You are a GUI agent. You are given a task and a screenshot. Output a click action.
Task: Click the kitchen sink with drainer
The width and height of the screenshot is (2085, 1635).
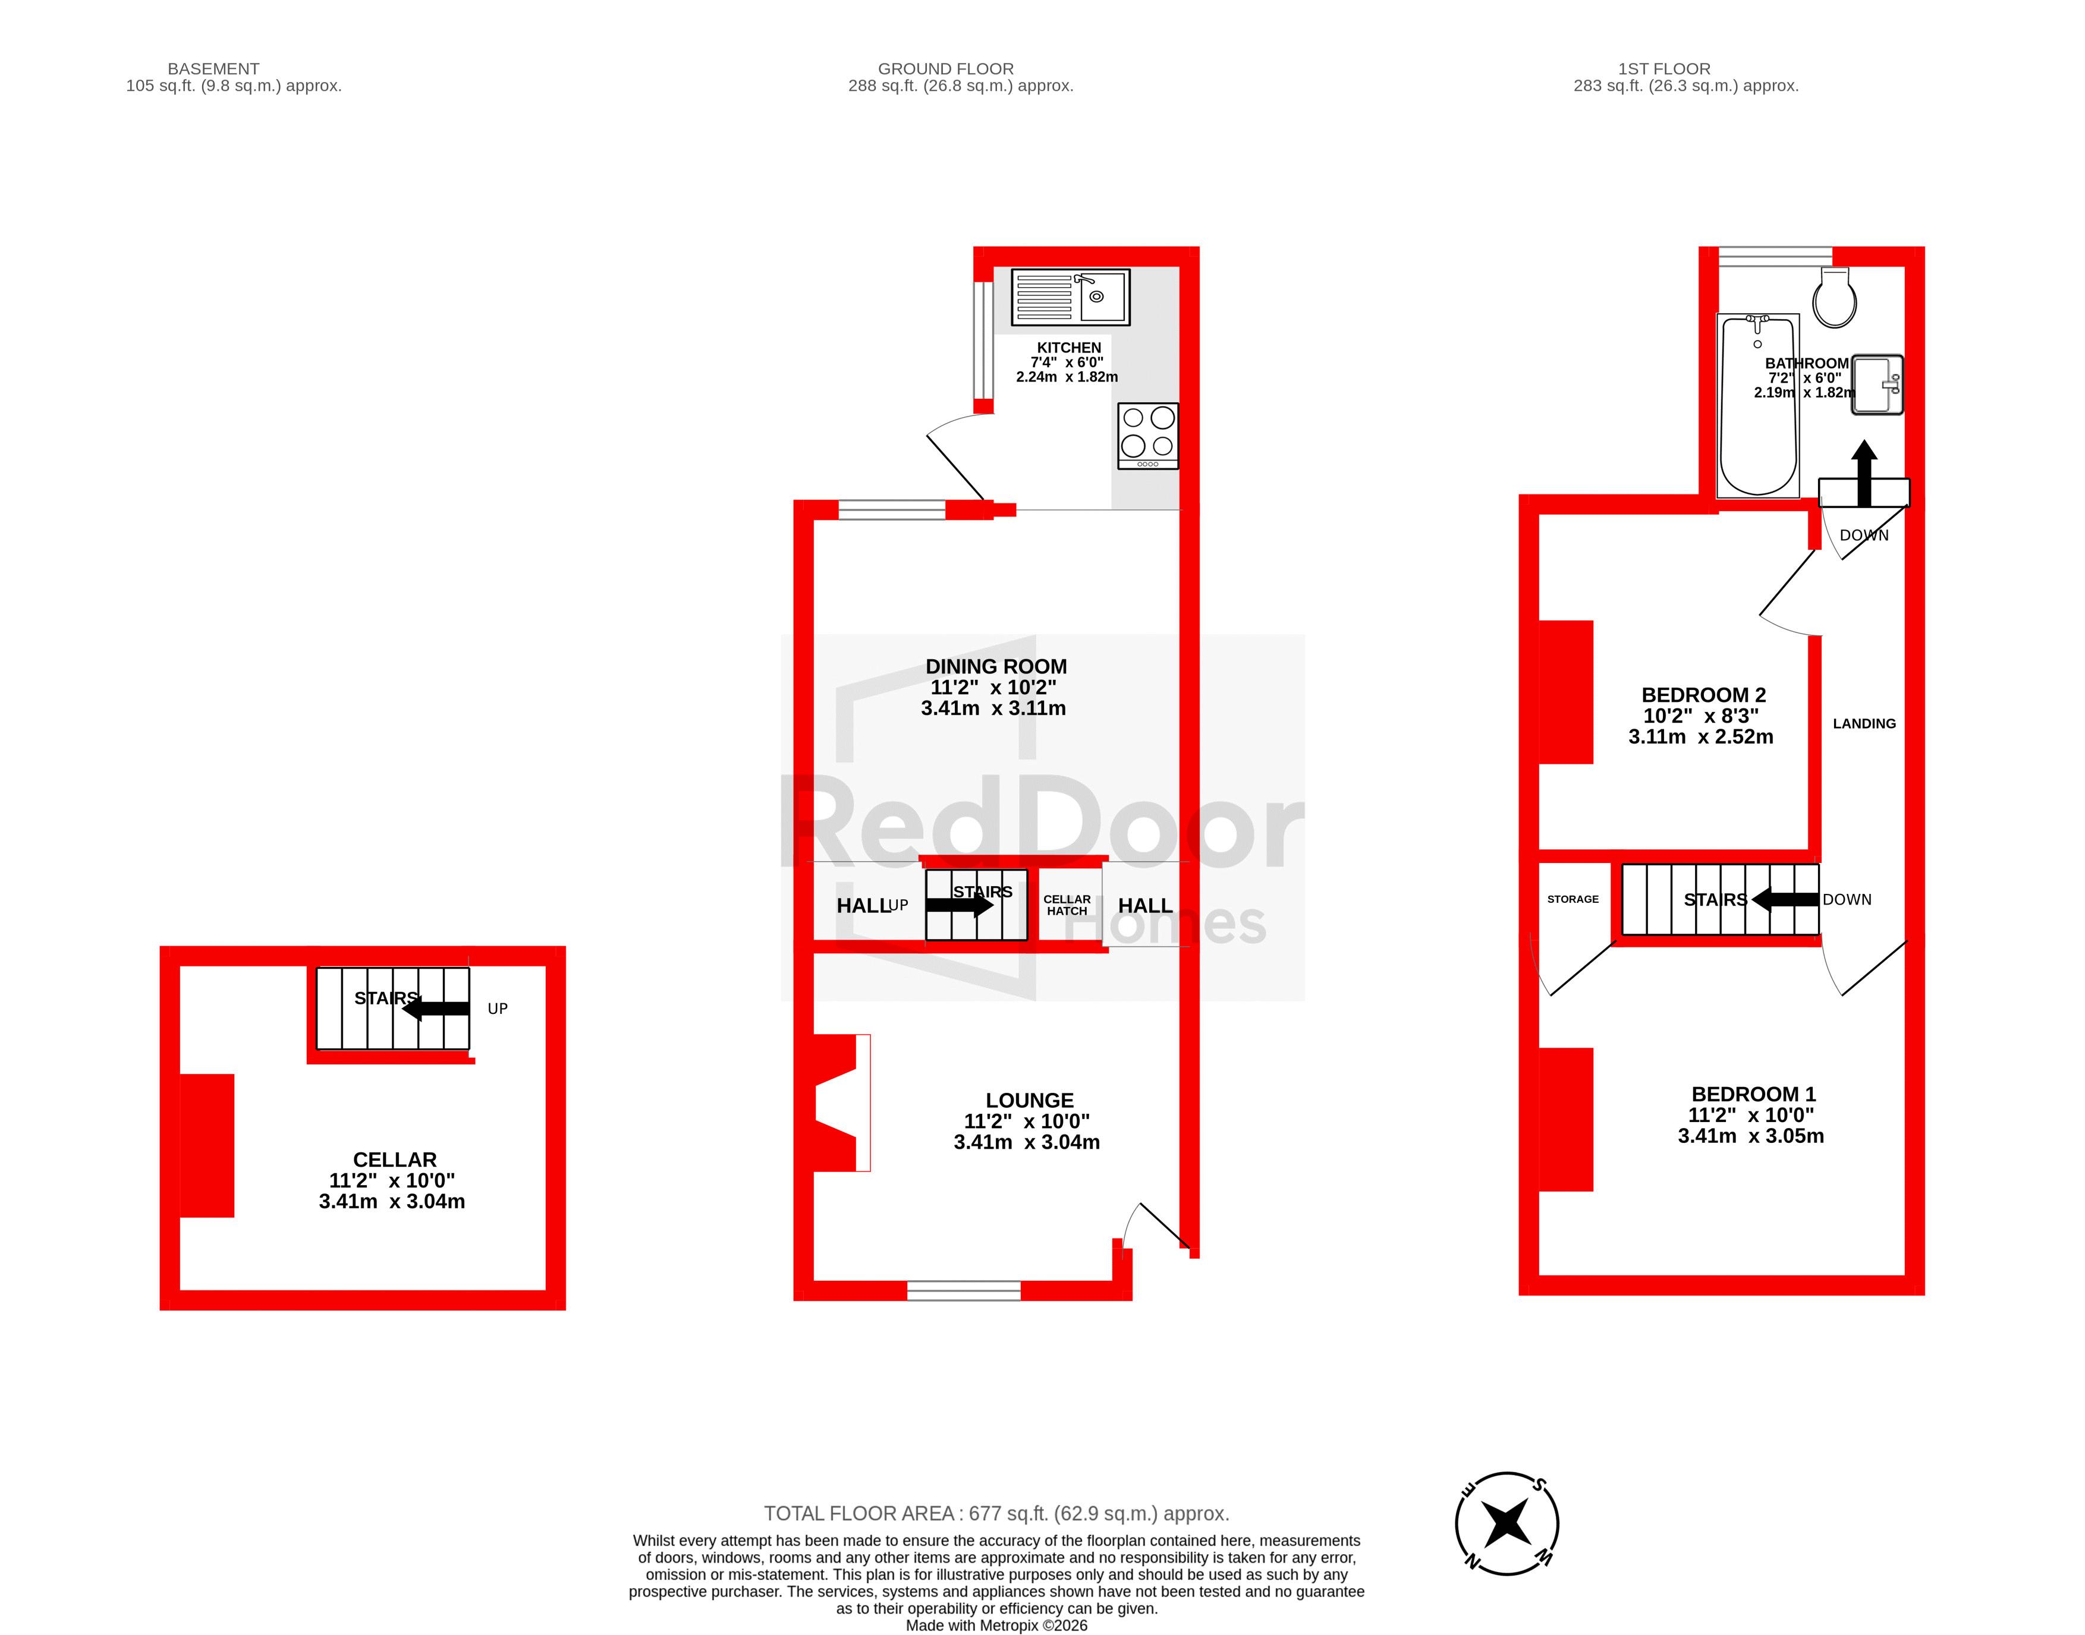click(x=1070, y=297)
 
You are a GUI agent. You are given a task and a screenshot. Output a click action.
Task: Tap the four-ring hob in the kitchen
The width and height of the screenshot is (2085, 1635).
click(x=1148, y=436)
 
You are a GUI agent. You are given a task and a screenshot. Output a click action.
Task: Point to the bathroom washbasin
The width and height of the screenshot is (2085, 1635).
click(x=1878, y=385)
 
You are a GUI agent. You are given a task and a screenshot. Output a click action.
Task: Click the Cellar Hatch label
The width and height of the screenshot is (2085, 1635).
click(x=1067, y=905)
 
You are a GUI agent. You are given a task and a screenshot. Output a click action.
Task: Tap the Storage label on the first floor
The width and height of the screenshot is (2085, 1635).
click(x=1573, y=899)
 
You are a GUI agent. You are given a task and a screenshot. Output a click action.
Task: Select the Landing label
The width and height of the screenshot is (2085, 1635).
click(x=1864, y=724)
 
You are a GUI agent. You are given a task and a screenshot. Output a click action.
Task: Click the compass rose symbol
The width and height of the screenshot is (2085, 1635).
click(x=1507, y=1523)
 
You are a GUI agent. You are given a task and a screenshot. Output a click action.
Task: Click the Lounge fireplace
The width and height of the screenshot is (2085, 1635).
click(x=841, y=1102)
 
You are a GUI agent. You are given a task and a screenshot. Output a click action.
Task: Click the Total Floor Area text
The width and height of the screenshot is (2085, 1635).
click(x=996, y=1513)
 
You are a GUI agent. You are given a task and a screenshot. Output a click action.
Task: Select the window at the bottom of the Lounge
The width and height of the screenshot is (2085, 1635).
click(x=964, y=1290)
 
